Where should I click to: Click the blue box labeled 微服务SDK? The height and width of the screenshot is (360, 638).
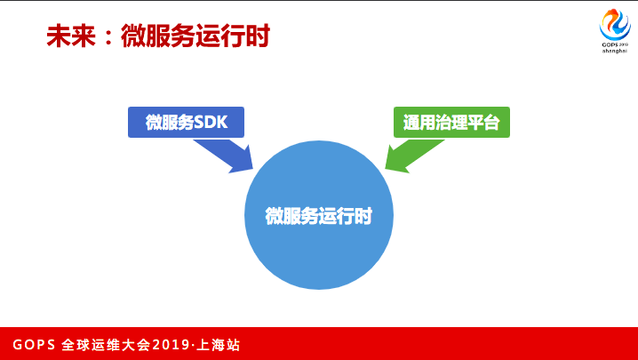pyautogui.click(x=187, y=122)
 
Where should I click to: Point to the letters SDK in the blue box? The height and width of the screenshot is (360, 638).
pyautogui.click(x=211, y=122)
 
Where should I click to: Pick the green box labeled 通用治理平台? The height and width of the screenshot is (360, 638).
pyautogui.click(x=451, y=122)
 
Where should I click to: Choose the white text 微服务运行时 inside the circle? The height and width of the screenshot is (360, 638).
pyautogui.click(x=317, y=216)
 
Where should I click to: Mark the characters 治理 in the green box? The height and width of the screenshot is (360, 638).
pyautogui.click(x=451, y=122)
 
